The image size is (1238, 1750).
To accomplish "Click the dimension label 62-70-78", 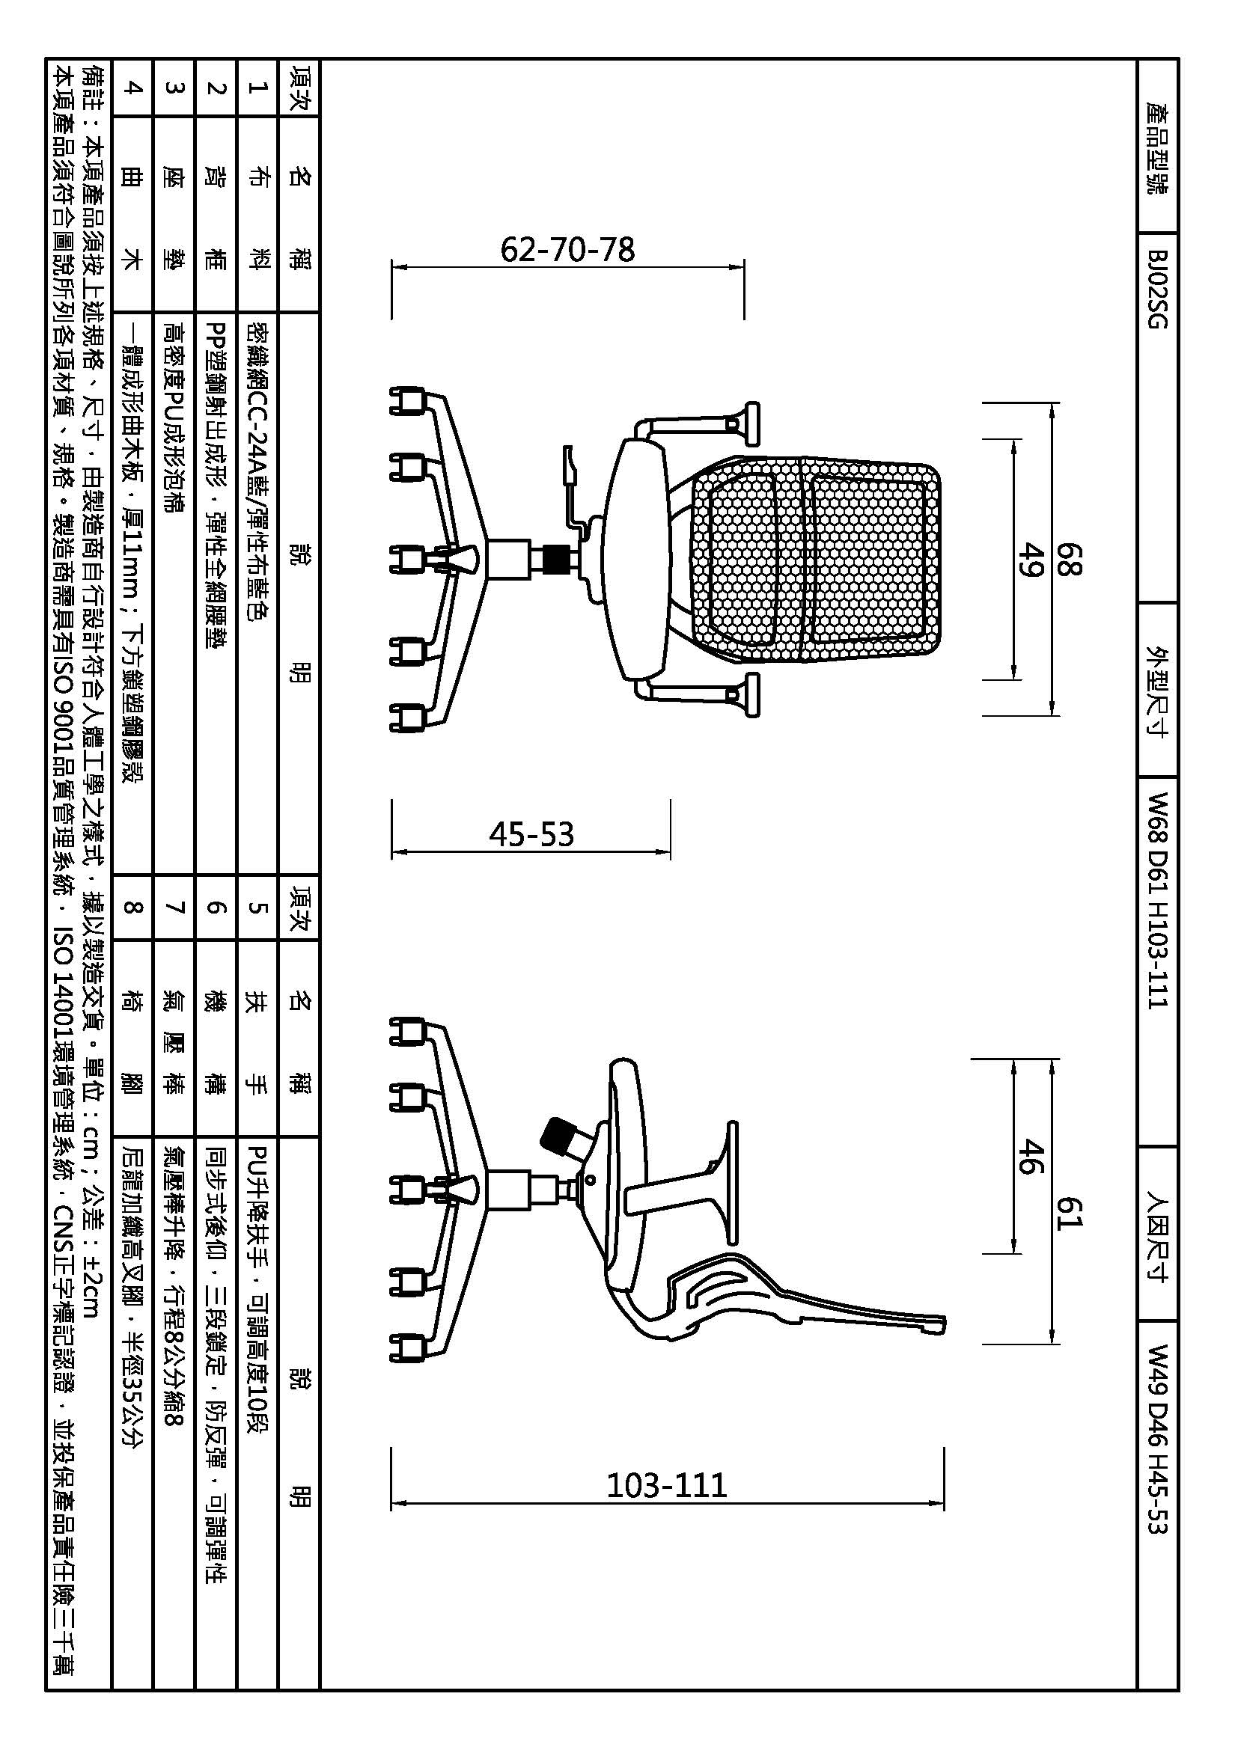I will click(x=567, y=250).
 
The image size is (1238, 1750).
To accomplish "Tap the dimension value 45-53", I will click(x=531, y=835).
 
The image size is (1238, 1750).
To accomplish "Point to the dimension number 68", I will click(x=1069, y=559).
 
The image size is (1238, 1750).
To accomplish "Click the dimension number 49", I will click(x=1030, y=560).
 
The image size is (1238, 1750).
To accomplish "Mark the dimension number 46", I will click(x=1030, y=1155).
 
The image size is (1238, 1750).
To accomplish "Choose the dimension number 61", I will click(x=1069, y=1213).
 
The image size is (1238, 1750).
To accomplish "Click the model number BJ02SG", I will click(x=1156, y=290).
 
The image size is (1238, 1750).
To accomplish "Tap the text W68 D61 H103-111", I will click(x=1156, y=900).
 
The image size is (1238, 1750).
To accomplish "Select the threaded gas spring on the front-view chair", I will click(x=560, y=560).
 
